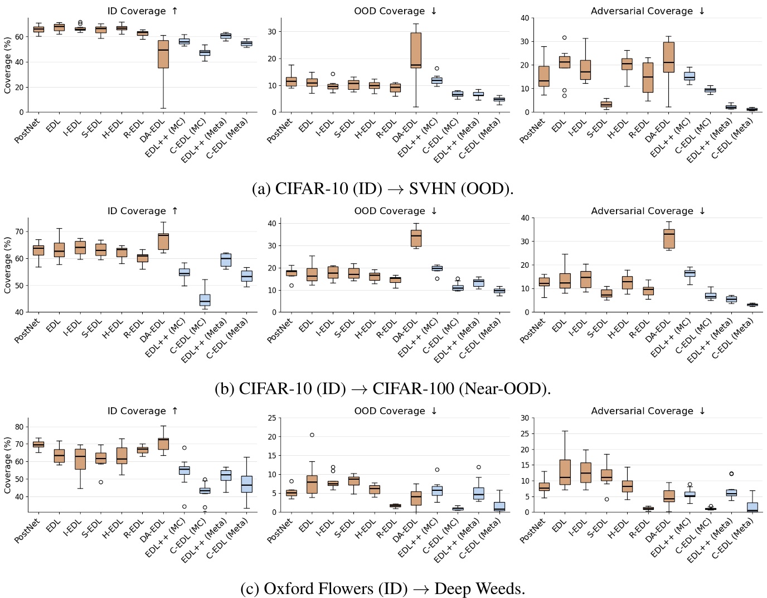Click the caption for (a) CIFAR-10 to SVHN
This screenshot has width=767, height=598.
382,189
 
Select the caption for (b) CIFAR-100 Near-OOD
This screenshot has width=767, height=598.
382,388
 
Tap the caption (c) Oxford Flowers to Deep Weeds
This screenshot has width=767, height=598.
382,588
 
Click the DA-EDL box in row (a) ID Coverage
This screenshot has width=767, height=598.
163,54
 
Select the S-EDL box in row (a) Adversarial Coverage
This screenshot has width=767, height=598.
606,104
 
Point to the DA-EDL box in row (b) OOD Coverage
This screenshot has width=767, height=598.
416,238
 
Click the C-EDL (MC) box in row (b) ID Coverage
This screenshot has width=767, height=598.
205,300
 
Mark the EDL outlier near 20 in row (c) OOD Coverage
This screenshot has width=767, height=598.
312,435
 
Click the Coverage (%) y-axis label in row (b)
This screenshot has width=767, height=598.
8,265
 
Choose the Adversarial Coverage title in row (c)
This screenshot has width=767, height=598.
648,411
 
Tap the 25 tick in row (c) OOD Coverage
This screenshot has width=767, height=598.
271,418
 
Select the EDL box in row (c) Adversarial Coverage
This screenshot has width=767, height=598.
565,472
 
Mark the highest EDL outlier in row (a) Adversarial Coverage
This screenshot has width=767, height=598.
564,38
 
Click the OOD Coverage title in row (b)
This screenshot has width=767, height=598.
396,211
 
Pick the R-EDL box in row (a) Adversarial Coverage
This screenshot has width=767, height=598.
648,78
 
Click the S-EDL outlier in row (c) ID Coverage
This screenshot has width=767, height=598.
101,482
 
